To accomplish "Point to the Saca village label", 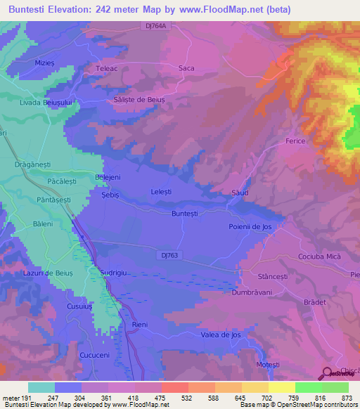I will point(186,68).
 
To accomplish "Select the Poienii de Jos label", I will point(250,227).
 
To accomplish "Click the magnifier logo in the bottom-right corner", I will point(328,374).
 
